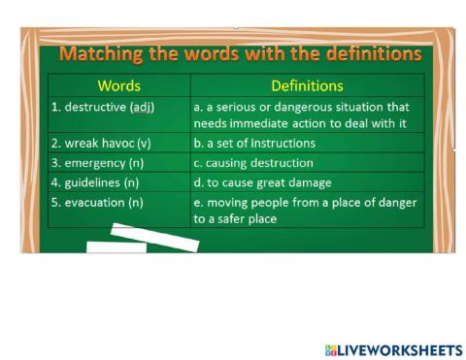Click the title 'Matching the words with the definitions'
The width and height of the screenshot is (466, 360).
click(x=241, y=52)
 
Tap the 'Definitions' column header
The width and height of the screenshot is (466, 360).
click(x=307, y=86)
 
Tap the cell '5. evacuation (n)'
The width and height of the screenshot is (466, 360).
click(x=97, y=202)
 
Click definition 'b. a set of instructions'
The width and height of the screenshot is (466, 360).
click(x=254, y=144)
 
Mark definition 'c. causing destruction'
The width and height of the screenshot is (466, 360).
click(x=253, y=163)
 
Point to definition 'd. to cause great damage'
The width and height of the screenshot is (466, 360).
click(x=262, y=182)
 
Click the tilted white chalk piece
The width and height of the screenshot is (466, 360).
click(x=154, y=238)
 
